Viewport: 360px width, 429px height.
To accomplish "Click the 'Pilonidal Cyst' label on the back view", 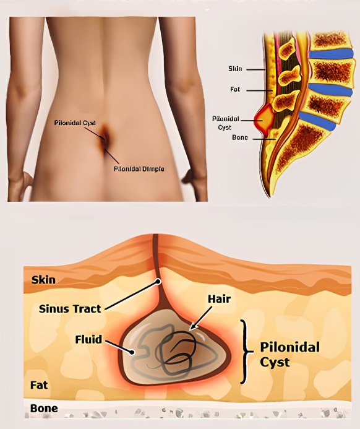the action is pyautogui.click(x=75, y=123).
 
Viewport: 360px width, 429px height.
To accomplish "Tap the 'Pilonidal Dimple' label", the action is pyautogui.click(x=139, y=169).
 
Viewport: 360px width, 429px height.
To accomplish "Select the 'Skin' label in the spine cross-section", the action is pyautogui.click(x=235, y=69).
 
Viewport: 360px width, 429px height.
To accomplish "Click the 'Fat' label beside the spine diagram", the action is pyautogui.click(x=235, y=89).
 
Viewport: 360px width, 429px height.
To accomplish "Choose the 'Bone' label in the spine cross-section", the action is pyautogui.click(x=240, y=137).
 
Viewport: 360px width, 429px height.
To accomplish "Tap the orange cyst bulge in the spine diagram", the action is pyautogui.click(x=264, y=118).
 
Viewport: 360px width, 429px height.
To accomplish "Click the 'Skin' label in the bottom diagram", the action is pyautogui.click(x=43, y=280).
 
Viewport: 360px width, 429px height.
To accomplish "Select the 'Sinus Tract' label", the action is pyautogui.click(x=70, y=309).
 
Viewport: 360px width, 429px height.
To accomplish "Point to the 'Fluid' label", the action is pyautogui.click(x=88, y=339).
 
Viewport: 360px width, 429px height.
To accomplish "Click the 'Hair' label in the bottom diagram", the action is pyautogui.click(x=219, y=299).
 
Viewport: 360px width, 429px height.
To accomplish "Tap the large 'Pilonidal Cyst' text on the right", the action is pyautogui.click(x=289, y=355).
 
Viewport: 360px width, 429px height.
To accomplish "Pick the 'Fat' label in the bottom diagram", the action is pyautogui.click(x=39, y=385).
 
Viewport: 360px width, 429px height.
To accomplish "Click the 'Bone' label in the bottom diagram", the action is pyautogui.click(x=44, y=409).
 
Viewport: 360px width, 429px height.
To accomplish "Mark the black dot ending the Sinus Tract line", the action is pyautogui.click(x=158, y=281).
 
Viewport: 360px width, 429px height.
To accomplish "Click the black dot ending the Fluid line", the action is pyautogui.click(x=132, y=352).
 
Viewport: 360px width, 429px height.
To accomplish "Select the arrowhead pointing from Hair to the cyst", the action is pyautogui.click(x=193, y=326).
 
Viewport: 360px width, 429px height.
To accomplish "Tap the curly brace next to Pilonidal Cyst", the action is pyautogui.click(x=246, y=351).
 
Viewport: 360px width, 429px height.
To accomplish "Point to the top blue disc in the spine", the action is pyautogui.click(x=332, y=54).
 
